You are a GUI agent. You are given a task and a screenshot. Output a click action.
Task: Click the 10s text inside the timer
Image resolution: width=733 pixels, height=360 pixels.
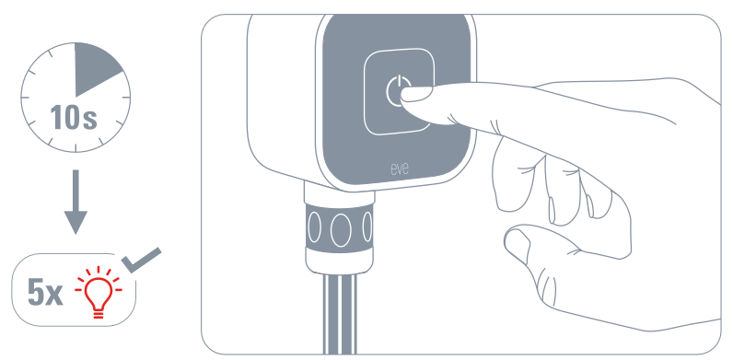point(74,117)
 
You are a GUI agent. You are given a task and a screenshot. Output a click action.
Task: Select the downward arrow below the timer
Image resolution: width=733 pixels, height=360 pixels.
point(76,202)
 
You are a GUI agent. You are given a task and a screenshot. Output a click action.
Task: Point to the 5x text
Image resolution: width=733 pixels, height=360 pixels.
point(45,293)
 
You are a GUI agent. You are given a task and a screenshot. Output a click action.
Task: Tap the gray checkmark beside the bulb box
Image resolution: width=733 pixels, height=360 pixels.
point(141,261)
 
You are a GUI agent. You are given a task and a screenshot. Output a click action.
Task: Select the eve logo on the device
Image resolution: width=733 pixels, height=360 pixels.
point(400,168)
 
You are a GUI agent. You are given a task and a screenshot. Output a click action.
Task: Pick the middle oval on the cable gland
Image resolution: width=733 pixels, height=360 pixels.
point(341,229)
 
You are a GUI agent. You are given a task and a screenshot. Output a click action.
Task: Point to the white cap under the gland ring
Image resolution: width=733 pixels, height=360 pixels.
point(340,261)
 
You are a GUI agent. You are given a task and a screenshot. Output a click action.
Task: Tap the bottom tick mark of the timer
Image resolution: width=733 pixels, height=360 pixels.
point(76,147)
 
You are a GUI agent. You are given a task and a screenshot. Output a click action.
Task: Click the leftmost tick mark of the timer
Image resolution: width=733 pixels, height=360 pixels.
point(25,98)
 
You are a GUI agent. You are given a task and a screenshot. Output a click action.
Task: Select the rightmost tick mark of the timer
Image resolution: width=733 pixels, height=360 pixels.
point(126,98)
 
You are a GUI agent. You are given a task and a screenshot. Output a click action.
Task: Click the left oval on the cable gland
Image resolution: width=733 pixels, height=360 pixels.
point(314,227)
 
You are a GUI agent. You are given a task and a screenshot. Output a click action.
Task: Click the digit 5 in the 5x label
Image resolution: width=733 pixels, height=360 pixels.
point(36,293)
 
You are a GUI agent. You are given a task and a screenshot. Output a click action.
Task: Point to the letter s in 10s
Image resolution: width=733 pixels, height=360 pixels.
point(88,121)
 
